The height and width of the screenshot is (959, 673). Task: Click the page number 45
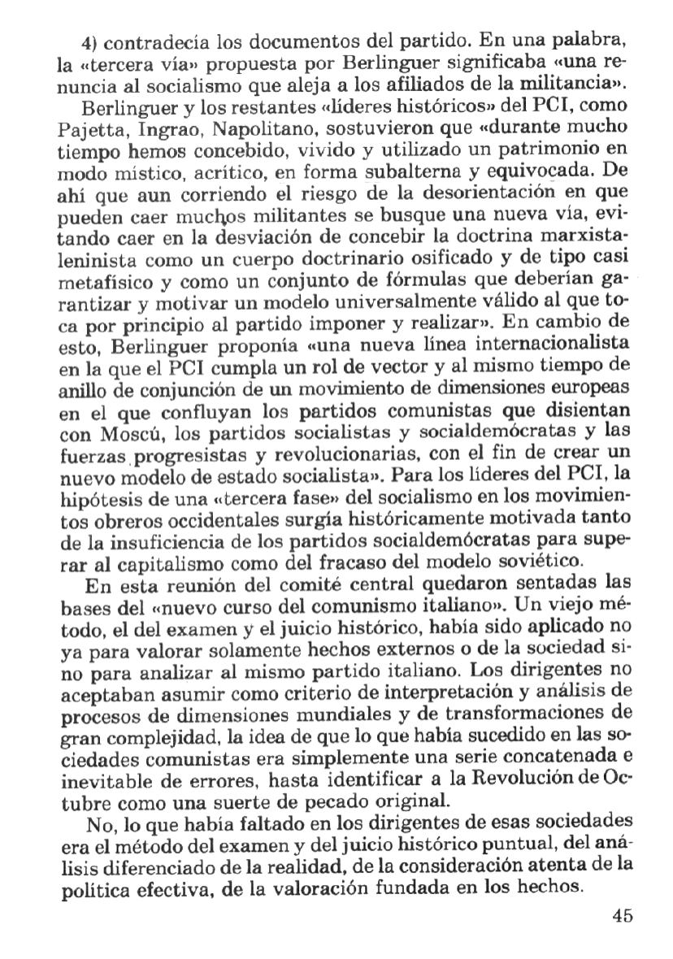click(x=623, y=914)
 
